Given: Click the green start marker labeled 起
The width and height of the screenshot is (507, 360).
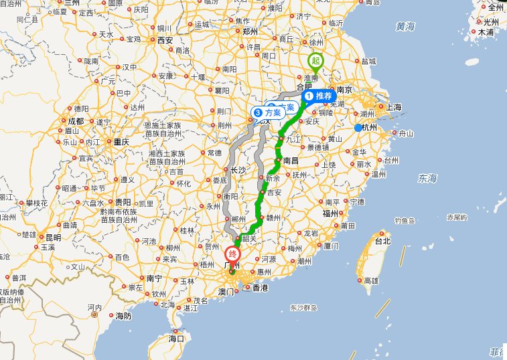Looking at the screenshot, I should point(315,61).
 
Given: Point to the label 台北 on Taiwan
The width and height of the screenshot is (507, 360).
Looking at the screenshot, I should point(382,241).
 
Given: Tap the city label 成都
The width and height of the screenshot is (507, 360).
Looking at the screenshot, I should point(76,121).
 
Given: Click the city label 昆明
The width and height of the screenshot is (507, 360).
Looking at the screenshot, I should point(53,238).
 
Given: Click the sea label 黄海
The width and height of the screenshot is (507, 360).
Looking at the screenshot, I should point(405,26).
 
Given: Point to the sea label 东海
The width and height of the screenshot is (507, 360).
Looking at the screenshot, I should point(427,178).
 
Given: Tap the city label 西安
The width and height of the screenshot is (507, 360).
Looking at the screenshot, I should point(165,40).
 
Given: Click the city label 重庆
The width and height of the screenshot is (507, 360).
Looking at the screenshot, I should point(121,142).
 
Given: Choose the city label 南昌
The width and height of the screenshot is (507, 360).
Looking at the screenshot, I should point(291,161).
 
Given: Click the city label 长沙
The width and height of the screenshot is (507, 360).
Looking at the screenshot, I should point(238,170).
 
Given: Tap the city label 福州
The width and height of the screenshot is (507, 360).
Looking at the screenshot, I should point(330,213).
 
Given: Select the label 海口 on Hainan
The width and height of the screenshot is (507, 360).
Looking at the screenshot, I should point(176,339).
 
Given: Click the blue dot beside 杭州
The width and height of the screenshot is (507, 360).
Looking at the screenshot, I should point(358,128).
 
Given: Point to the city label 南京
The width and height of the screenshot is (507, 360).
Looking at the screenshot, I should point(345,89).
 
